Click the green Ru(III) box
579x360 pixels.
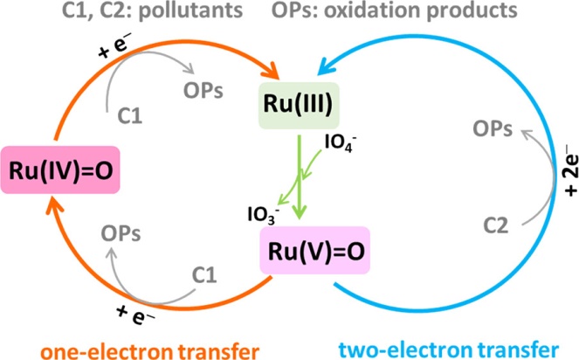point(299,106)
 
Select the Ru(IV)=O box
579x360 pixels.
point(60,170)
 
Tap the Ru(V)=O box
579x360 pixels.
point(315,250)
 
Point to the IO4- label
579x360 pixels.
point(341,142)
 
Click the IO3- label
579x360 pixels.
point(263,214)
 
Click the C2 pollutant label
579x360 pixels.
point(495,225)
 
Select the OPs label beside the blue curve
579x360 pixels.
point(493,129)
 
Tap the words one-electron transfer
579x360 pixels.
point(150,350)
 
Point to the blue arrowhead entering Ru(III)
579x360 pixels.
point(325,66)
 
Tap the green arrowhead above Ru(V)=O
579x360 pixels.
point(300,212)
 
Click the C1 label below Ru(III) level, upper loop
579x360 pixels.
point(129,115)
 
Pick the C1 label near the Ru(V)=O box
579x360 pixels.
point(204,274)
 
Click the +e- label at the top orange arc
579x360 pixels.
point(115,47)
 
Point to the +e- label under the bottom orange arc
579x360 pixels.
point(135,316)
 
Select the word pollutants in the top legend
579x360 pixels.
point(191,10)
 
